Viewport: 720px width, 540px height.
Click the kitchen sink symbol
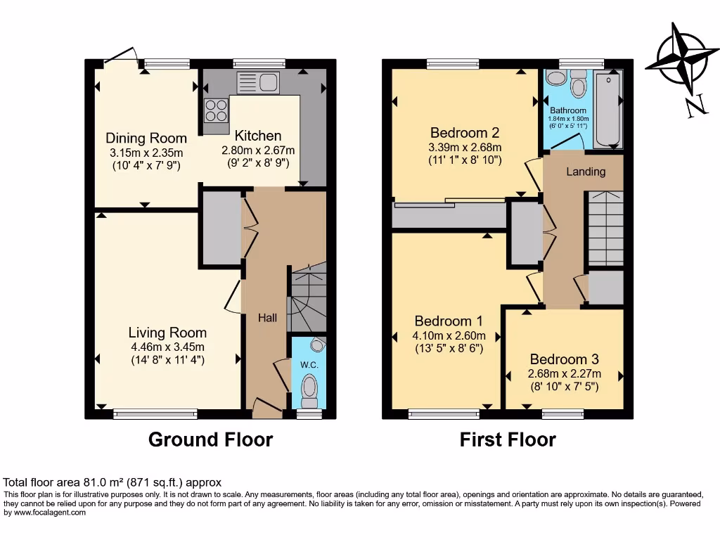point(258,82)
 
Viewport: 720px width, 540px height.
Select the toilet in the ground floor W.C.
point(309,389)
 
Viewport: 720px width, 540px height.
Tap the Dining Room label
point(146,138)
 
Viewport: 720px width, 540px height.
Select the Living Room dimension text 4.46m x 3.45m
point(167,347)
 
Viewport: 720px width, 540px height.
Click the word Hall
point(267,318)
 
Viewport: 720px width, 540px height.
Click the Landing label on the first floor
point(586,172)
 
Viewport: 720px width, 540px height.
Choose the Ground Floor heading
point(210,440)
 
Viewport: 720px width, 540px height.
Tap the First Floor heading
point(508,440)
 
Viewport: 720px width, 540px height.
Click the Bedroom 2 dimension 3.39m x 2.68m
point(465,147)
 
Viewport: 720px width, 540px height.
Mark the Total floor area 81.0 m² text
point(112,482)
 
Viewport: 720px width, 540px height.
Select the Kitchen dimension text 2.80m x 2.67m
point(258,150)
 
